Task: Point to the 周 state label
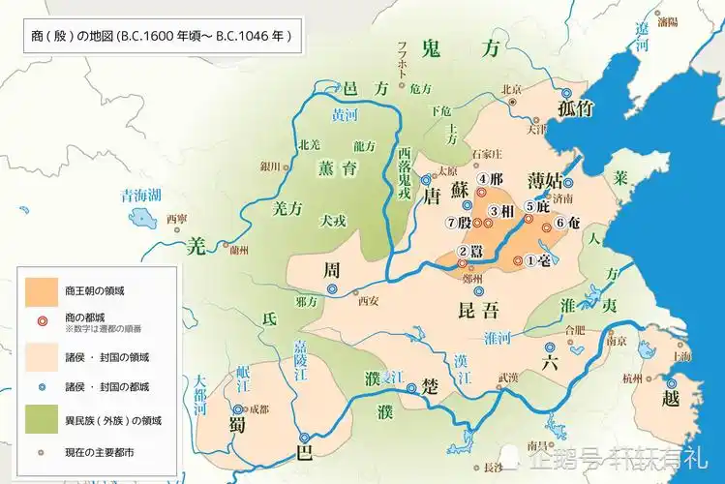pos(333,268)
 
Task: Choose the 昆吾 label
pos(476,310)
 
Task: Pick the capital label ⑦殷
pos(457,223)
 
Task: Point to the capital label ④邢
pos(491,179)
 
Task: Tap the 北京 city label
pos(512,91)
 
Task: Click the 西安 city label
pos(368,300)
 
